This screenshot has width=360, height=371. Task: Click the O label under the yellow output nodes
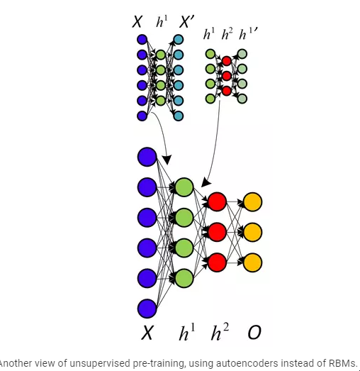pyautogui.click(x=254, y=332)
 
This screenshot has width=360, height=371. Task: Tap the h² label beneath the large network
pyautogui.click(x=220, y=332)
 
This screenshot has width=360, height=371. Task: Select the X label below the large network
pyautogui.click(x=147, y=333)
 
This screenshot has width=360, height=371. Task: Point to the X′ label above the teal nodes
pyautogui.click(x=187, y=22)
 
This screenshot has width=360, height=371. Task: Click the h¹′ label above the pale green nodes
pyautogui.click(x=248, y=34)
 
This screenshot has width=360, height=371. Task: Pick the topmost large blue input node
pyautogui.click(x=147, y=157)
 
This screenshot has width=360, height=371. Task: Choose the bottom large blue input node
pyautogui.click(x=147, y=309)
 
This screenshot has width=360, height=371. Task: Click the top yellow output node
pyautogui.click(x=253, y=201)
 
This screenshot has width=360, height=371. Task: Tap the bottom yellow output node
pyautogui.click(x=253, y=262)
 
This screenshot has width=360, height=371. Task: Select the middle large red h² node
pyautogui.click(x=217, y=232)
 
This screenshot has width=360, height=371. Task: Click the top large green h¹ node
pyautogui.click(x=184, y=187)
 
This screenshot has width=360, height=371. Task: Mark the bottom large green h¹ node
pyautogui.click(x=184, y=278)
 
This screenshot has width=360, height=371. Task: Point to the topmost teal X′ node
pyautogui.click(x=179, y=40)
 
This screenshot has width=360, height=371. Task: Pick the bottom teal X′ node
pyautogui.click(x=179, y=116)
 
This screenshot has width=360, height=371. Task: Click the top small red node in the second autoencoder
pyautogui.click(x=227, y=61)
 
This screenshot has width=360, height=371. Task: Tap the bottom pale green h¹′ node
pyautogui.click(x=242, y=99)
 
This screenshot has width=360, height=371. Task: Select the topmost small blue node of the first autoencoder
pyautogui.click(x=142, y=40)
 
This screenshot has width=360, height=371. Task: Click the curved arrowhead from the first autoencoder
pyautogui.click(x=167, y=160)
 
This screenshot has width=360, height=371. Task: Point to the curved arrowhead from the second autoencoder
pyautogui.click(x=206, y=182)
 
